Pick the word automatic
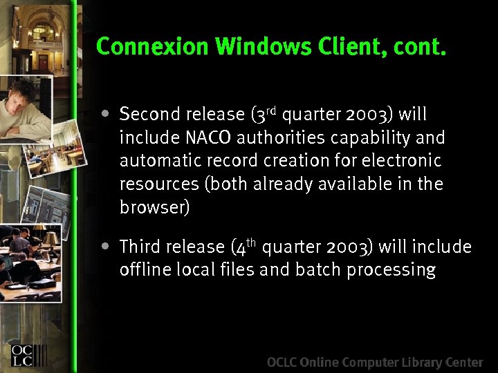pos(156,160)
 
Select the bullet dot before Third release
pos(104,246)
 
